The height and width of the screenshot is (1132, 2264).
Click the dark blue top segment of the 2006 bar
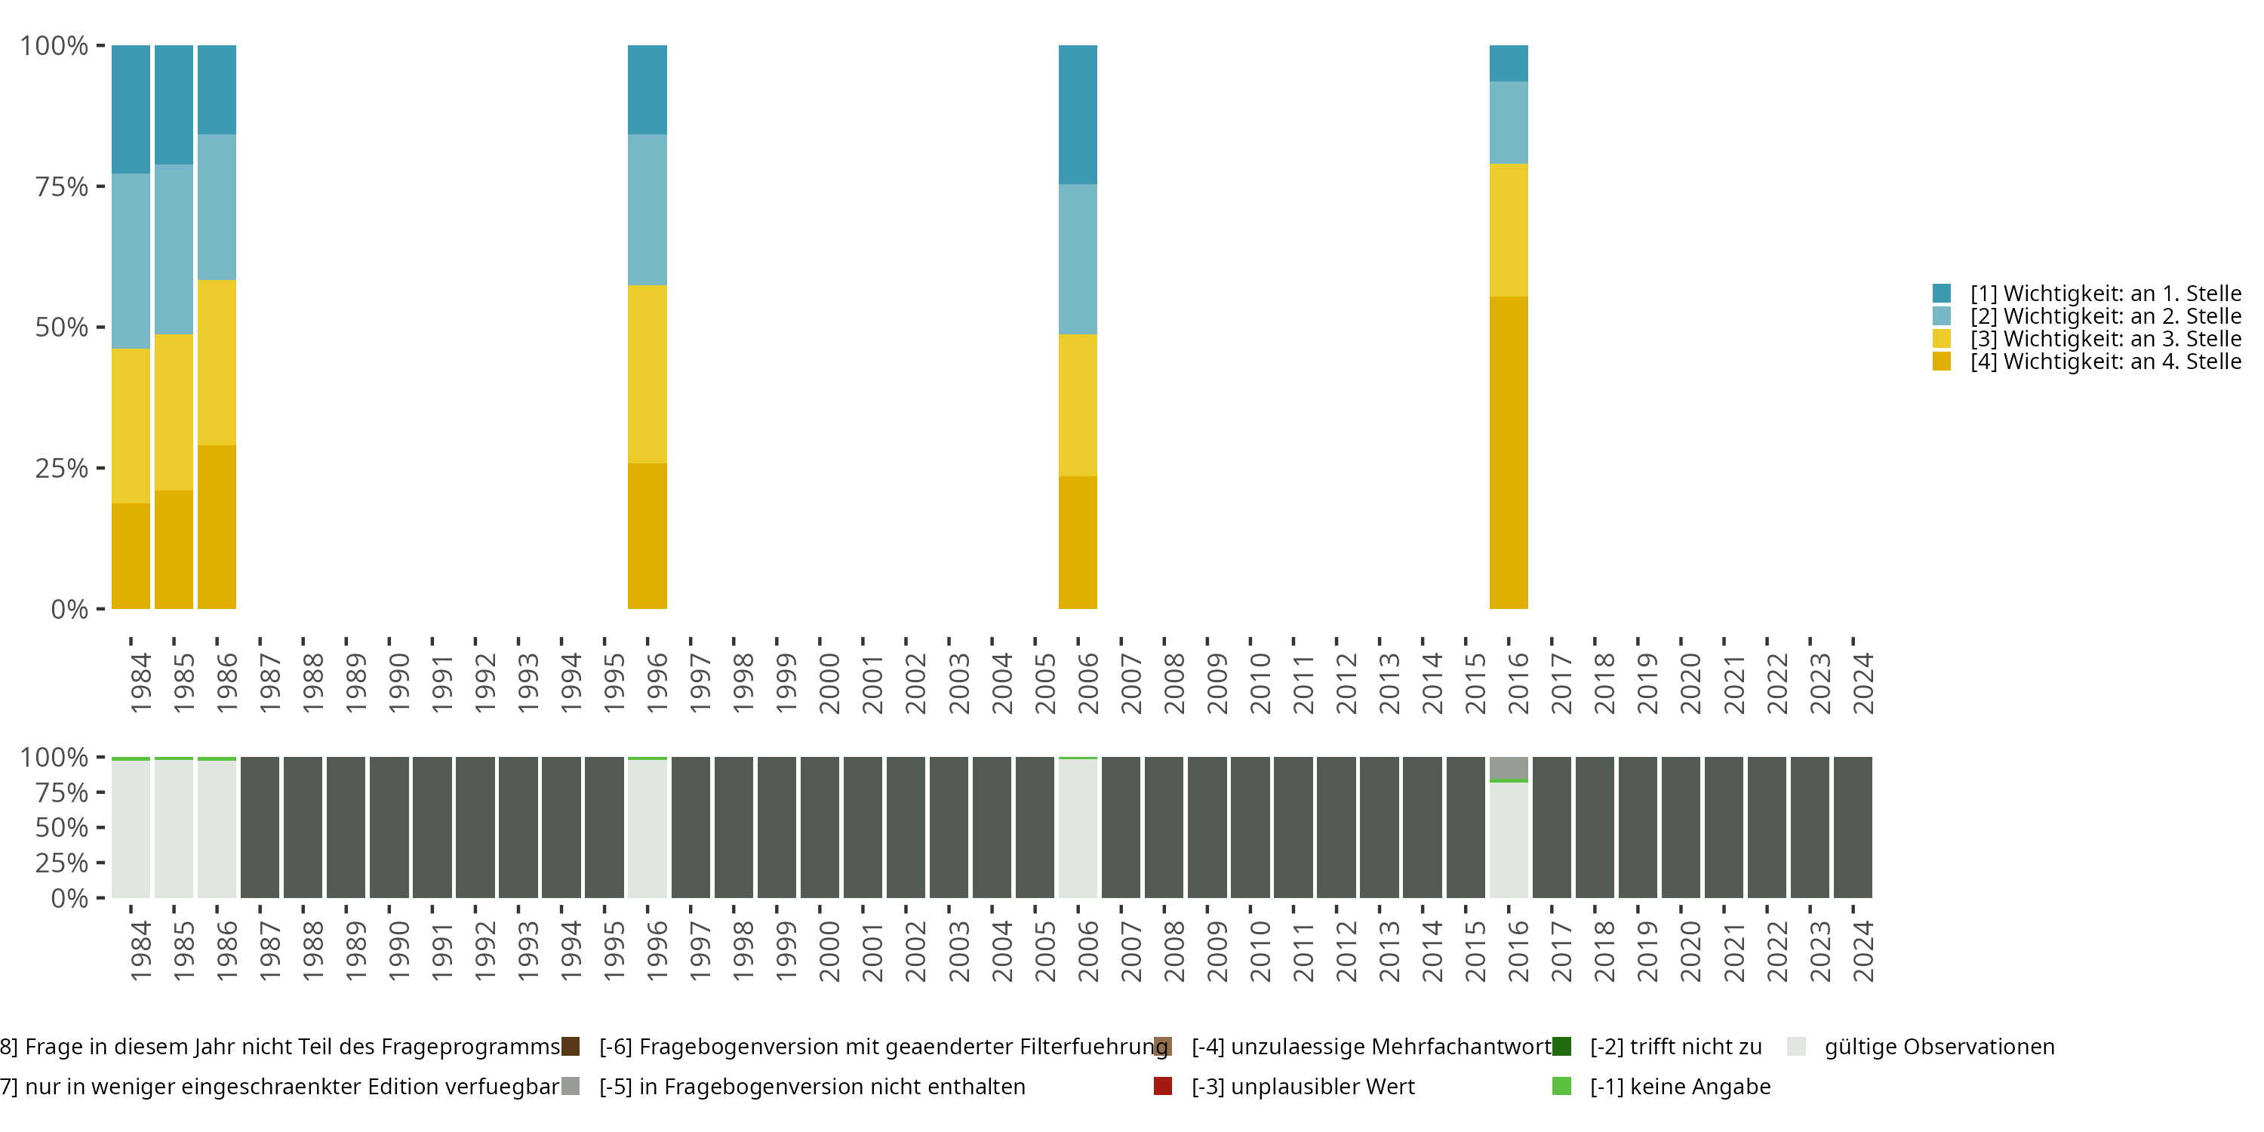click(1078, 114)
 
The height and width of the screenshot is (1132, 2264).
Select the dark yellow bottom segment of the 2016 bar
click(1508, 453)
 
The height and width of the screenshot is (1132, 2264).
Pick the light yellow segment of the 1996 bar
click(647, 374)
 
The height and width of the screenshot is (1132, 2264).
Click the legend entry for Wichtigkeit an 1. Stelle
click(2104, 294)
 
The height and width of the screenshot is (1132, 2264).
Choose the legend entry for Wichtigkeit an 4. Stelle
click(2104, 362)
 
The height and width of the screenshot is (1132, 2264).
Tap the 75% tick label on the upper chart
click(62, 186)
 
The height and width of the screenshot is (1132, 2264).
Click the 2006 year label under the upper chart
click(1087, 683)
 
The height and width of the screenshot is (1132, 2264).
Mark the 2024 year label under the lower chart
click(1863, 951)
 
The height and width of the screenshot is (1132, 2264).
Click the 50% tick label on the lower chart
click(62, 828)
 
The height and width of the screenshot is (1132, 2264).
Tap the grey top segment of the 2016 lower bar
click(1508, 767)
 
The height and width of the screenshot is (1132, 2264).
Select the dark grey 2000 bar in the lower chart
click(819, 827)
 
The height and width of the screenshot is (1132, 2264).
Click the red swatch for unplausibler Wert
click(1163, 1086)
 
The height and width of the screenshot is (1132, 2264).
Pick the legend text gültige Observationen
click(1939, 1047)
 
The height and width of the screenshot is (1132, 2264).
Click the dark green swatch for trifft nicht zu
click(1561, 1047)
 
